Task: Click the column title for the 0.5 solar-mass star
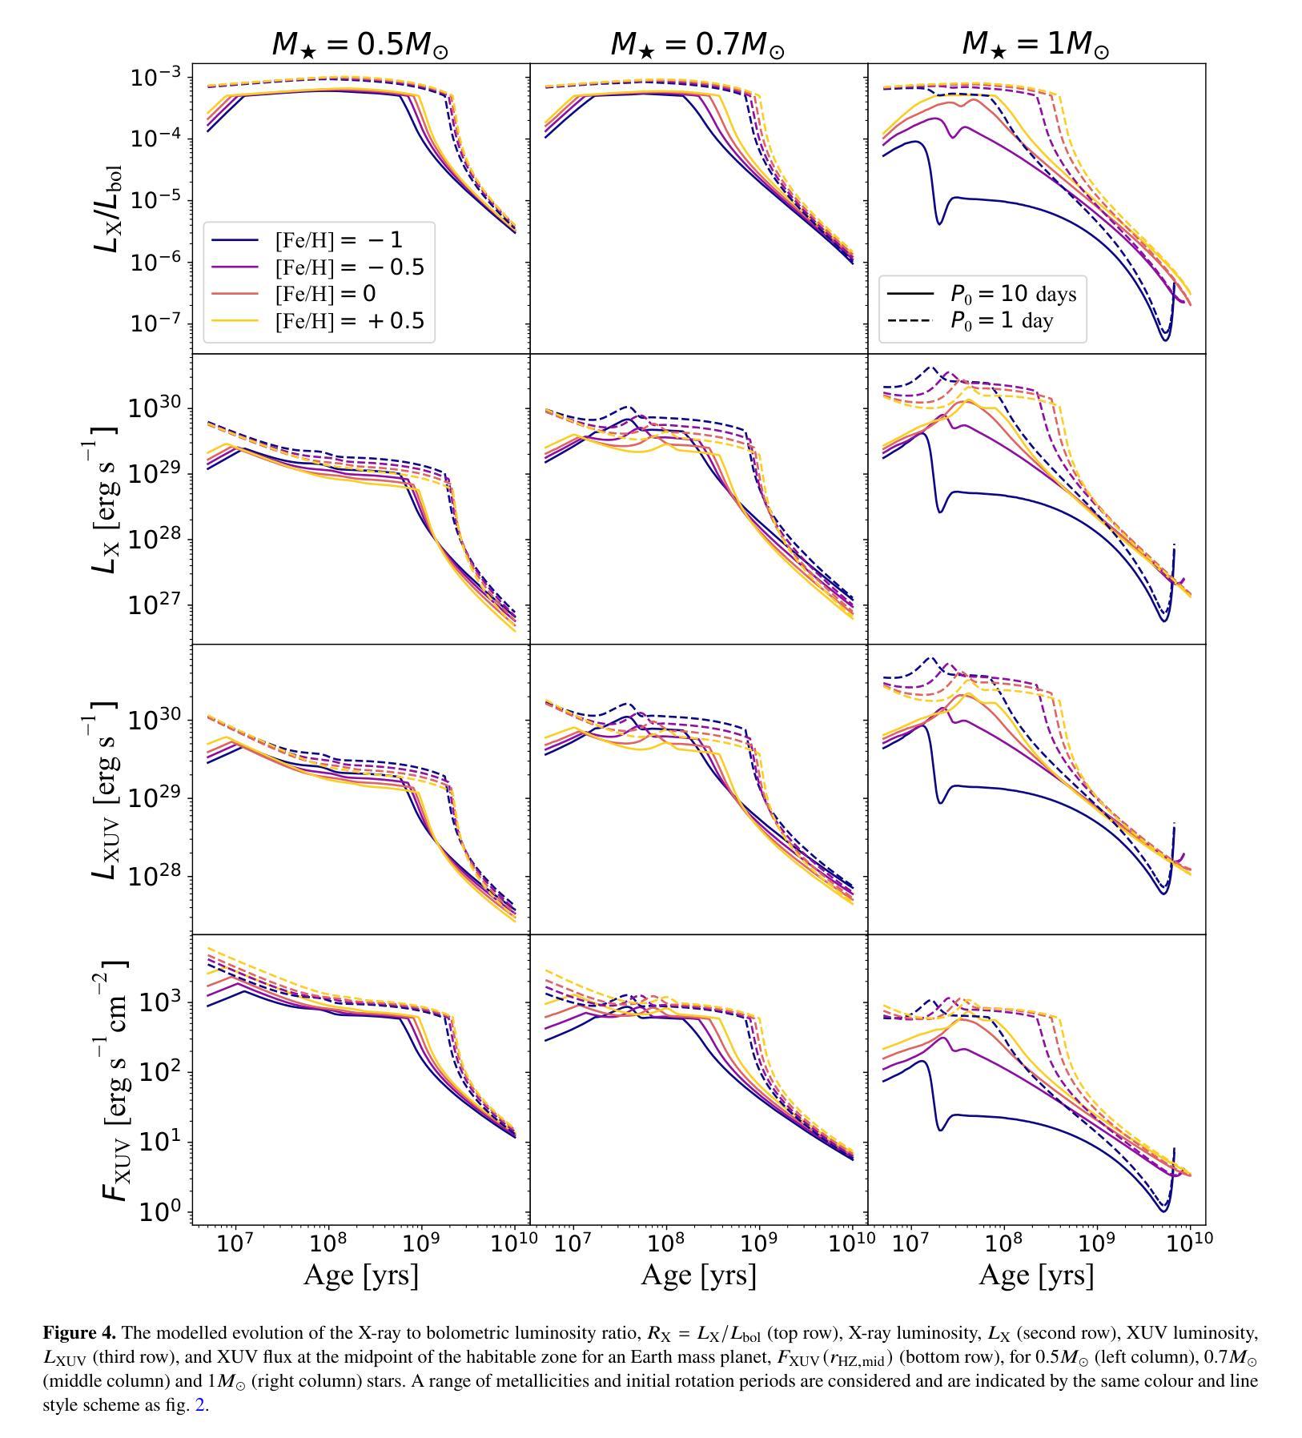(360, 44)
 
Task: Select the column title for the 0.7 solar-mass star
(697, 44)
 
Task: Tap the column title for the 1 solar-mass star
(1035, 44)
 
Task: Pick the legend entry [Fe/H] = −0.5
(349, 267)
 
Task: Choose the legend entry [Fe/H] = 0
(325, 294)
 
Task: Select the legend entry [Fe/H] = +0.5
(349, 321)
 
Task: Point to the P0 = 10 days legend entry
(1013, 294)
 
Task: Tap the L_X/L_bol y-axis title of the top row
(108, 208)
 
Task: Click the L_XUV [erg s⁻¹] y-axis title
(105, 789)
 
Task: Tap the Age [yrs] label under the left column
(360, 1275)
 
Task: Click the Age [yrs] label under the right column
(1036, 1275)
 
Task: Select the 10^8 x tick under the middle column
(665, 1243)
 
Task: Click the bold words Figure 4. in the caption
(79, 1333)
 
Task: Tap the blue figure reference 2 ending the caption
(200, 1405)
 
